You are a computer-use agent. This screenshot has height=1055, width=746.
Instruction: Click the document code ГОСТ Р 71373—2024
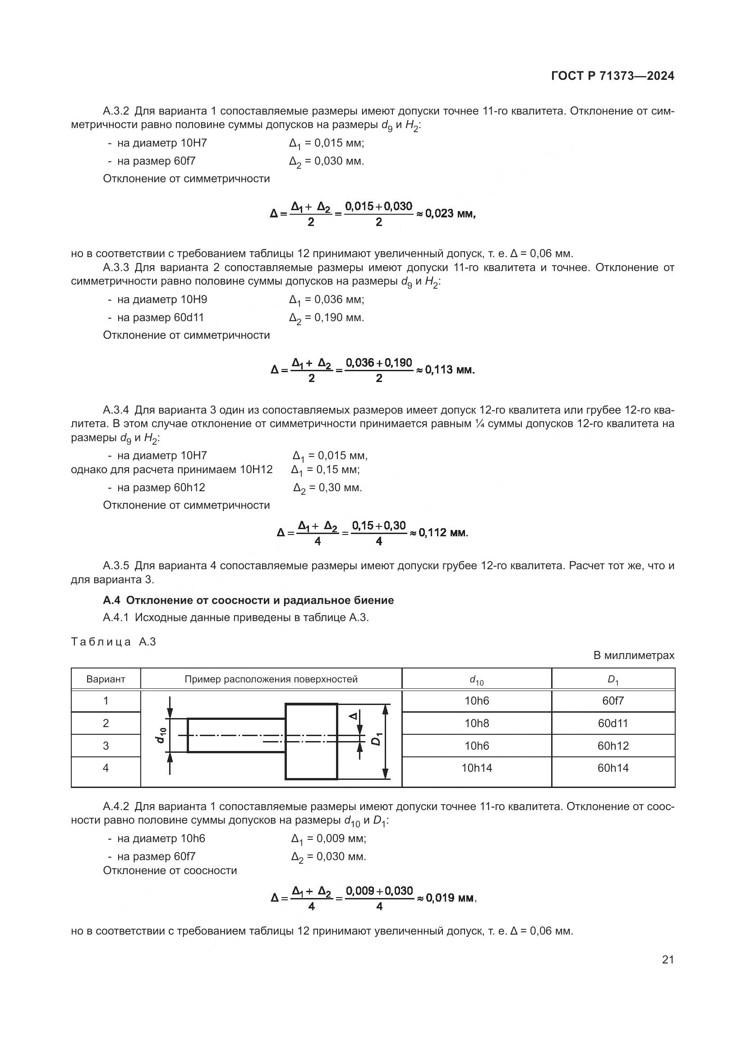tap(612, 76)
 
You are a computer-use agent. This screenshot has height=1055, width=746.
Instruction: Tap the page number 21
tap(668, 959)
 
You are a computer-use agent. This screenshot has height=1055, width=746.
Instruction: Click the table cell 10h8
tap(476, 723)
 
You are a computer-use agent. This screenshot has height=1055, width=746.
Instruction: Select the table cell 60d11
tap(613, 723)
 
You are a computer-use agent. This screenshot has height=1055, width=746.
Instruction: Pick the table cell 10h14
tap(476, 768)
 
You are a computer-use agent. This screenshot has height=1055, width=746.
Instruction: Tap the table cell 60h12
tap(613, 746)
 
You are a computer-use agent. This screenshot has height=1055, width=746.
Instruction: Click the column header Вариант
tap(106, 679)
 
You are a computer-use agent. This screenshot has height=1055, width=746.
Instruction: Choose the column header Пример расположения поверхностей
tap(271, 679)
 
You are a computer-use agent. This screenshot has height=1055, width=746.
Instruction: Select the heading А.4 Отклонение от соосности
tap(248, 600)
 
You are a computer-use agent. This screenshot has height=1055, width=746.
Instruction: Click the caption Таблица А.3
tap(114, 642)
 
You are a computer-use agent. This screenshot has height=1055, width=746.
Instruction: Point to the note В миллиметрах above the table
tap(633, 655)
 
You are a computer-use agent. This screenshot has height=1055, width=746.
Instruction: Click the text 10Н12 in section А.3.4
tap(256, 470)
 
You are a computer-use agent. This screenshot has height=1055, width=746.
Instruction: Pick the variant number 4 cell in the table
tap(106, 768)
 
